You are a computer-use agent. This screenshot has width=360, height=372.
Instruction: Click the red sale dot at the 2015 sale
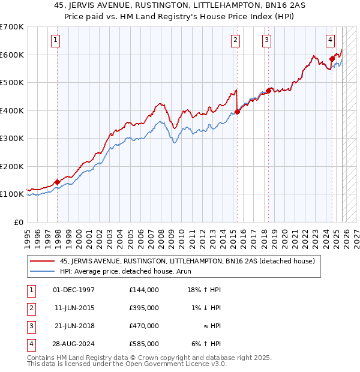238,112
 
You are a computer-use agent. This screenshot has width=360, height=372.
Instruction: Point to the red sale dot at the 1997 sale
57,182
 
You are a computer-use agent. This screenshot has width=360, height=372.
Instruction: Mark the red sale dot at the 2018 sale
268,91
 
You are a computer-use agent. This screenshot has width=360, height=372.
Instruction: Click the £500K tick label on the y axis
11,83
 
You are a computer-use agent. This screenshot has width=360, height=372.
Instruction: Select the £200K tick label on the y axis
11,166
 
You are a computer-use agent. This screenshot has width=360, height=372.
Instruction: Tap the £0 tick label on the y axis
18,222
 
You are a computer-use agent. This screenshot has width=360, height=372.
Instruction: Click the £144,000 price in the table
144,290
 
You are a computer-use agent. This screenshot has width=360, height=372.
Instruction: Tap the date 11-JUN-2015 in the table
74,308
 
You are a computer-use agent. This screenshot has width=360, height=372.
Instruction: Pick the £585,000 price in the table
144,344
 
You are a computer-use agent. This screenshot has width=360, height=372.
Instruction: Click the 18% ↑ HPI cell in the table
203,290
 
